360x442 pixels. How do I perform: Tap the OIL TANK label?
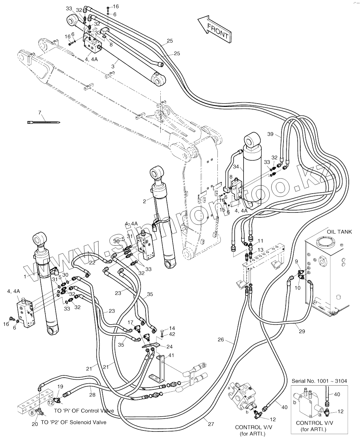339,232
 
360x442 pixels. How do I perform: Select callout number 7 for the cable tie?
40,113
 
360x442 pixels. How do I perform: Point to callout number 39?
271,134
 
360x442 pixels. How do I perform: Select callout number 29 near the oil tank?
302,331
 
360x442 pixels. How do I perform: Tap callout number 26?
221,339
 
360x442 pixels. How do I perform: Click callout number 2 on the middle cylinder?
145,201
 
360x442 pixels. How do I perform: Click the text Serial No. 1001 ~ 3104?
319,381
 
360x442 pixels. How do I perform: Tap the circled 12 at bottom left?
50,402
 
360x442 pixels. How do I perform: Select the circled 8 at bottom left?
32,412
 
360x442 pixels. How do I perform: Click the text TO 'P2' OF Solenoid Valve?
73,422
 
